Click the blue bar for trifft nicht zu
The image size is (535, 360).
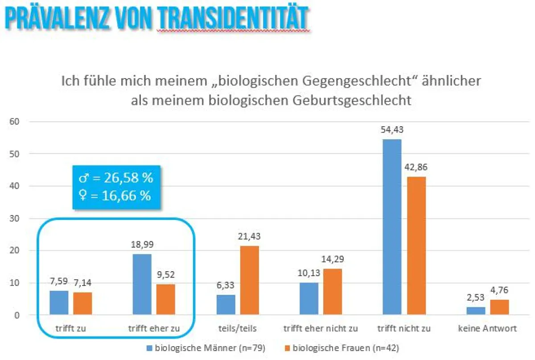[392, 227]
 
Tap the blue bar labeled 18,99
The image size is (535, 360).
[142, 284]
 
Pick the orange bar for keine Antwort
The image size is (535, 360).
[499, 307]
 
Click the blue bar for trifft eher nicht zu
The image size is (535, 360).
[309, 298]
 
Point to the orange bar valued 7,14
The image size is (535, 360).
[82, 303]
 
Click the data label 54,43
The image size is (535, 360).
[392, 130]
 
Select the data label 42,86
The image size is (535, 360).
[416, 167]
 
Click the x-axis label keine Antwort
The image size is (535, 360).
[487, 329]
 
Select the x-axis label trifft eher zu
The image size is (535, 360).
[154, 329]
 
